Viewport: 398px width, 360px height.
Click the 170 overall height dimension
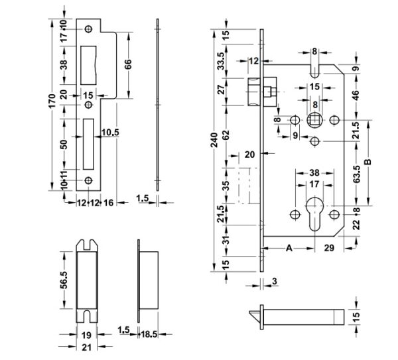pos(52,101)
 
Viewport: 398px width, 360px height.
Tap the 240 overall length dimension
pos(214,141)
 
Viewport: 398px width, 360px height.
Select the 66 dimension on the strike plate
pos(128,64)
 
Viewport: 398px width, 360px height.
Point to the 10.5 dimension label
pos(110,133)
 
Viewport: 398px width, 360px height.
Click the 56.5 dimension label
pos(64,280)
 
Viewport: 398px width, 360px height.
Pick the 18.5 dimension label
pos(149,334)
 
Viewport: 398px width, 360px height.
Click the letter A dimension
pos(289,248)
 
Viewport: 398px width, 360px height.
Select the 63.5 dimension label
pos(356,174)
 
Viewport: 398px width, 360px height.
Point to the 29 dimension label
pos(329,248)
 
